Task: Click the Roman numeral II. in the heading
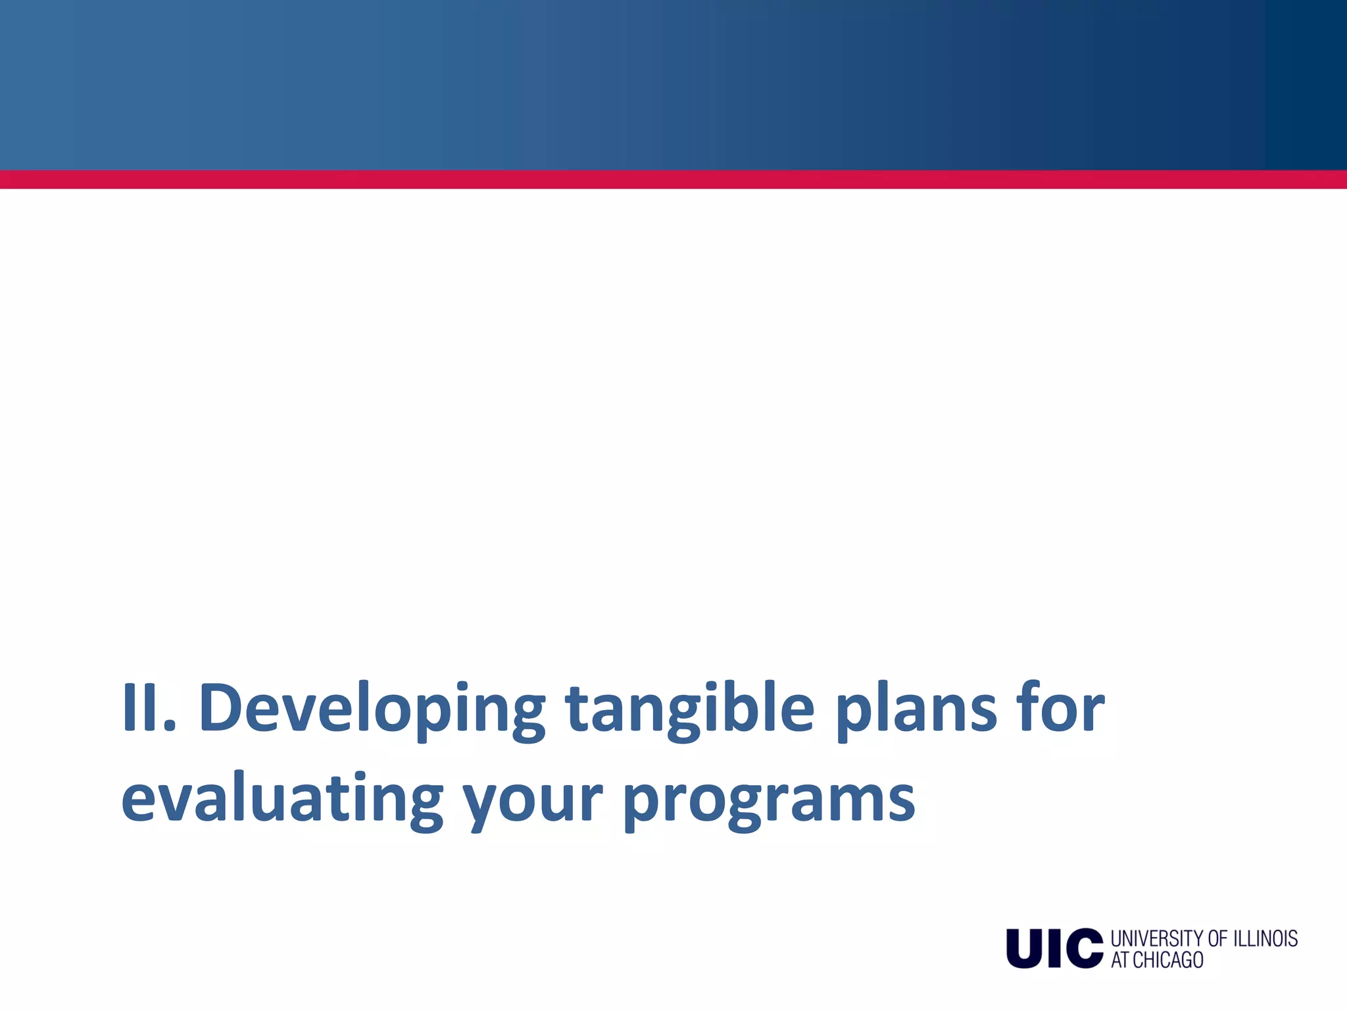point(149,708)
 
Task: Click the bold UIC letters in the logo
point(1054,948)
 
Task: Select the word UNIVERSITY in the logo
point(1158,938)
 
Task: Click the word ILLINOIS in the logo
point(1265,938)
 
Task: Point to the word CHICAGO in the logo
point(1167,960)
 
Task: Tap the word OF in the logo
point(1218,938)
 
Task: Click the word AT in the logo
point(1120,960)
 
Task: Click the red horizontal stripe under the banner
point(673,180)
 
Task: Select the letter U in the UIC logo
point(1025,948)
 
